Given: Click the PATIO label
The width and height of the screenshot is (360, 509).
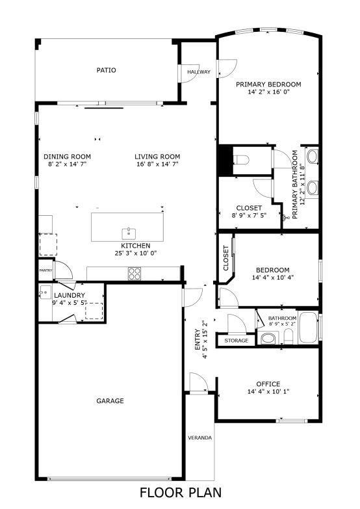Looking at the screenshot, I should click(107, 70).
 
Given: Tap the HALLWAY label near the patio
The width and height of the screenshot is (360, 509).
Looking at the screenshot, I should click(199, 72).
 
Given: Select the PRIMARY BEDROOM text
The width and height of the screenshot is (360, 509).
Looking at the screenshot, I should click(268, 85).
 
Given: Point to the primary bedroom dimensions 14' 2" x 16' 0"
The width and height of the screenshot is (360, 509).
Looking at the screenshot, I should click(268, 92).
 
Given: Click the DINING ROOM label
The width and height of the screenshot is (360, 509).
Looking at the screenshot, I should click(67, 156).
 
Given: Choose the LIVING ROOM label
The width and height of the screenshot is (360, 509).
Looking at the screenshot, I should click(157, 156).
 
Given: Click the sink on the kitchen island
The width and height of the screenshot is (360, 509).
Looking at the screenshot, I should click(128, 233).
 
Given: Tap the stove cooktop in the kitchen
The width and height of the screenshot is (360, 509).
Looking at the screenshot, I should click(134, 274).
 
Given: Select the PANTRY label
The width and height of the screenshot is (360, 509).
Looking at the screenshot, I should click(45, 270).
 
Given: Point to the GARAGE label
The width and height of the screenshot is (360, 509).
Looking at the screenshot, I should click(110, 401).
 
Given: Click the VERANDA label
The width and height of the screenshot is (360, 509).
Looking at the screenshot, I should click(199, 437).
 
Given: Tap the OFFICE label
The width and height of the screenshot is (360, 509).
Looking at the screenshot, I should click(268, 384).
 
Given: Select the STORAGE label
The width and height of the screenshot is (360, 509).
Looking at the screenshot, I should click(236, 340).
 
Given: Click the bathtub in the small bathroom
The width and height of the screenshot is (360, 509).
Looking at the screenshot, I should click(309, 328).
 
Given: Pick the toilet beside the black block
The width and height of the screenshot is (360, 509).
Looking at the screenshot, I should click(242, 160).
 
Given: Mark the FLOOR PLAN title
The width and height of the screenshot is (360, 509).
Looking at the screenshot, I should click(181, 493).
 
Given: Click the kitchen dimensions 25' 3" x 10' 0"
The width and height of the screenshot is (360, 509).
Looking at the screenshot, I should click(136, 253).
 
